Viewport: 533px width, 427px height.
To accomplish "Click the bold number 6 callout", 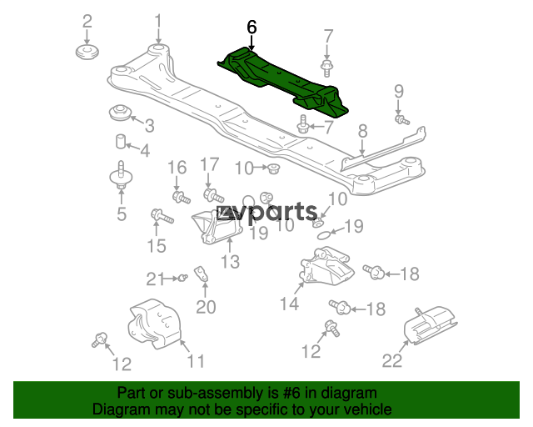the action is [x=252, y=28].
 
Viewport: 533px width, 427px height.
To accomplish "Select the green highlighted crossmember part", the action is [x=282, y=82].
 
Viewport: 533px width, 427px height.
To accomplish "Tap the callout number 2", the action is [x=87, y=21].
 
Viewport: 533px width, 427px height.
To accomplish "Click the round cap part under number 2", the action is [x=87, y=52].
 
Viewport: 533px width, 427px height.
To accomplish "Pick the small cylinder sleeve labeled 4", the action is [x=121, y=142].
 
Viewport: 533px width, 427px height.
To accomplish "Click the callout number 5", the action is [x=122, y=213].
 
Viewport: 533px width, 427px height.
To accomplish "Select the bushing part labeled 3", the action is [x=119, y=113].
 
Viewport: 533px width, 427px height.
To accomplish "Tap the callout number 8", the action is [x=363, y=131].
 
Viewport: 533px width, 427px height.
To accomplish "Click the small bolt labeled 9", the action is [x=401, y=120].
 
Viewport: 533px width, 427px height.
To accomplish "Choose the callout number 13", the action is [x=230, y=262].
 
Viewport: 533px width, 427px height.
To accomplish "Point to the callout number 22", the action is [x=392, y=360].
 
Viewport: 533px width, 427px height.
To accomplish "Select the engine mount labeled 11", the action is [x=155, y=324].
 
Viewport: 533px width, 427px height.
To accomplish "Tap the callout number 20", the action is [x=206, y=307].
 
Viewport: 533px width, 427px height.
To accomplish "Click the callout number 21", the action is [x=155, y=279].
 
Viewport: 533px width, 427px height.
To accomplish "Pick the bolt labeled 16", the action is [x=182, y=197].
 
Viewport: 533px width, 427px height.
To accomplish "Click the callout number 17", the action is [x=209, y=164].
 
